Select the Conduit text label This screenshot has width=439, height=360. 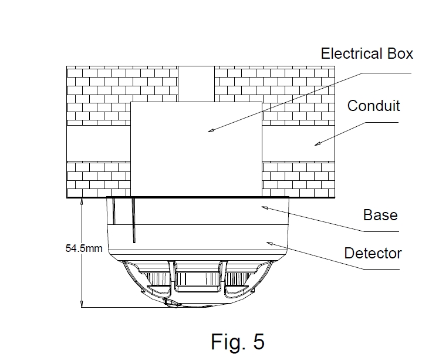373,106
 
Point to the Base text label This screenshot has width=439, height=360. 380,215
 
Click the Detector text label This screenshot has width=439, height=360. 373,254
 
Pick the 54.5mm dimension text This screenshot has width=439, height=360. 83,248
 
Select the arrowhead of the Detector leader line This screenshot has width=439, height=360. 268,242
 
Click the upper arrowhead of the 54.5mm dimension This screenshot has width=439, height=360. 82,201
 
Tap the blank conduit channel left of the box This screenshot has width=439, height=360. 98,143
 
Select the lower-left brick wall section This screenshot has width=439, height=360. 98,179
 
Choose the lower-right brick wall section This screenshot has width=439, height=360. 298,179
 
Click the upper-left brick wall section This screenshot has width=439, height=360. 122,94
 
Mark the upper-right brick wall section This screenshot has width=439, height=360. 275,94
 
